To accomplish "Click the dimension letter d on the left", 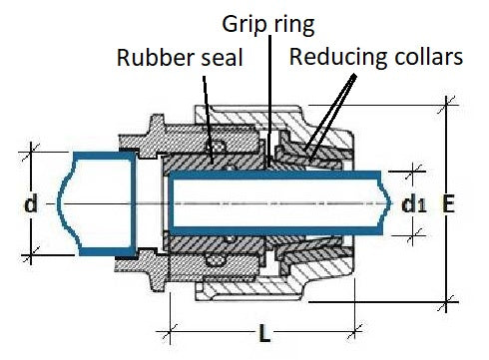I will (x=31, y=203).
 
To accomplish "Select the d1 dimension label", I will (x=411, y=205).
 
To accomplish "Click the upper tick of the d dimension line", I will (x=32, y=151).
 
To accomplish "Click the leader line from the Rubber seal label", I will (x=208, y=110).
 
